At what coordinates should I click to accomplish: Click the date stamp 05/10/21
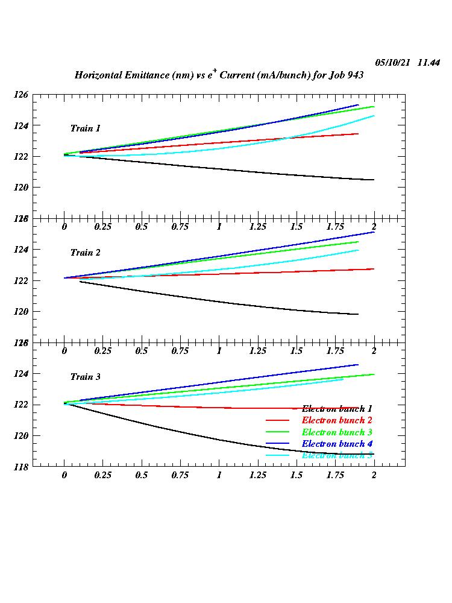click(x=392, y=63)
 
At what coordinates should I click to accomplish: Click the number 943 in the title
click(x=352, y=76)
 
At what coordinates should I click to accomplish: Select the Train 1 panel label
click(x=86, y=128)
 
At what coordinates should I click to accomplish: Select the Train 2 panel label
click(x=86, y=253)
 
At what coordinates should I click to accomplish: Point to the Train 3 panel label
click(x=86, y=377)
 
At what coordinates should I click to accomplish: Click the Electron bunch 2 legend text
click(x=337, y=420)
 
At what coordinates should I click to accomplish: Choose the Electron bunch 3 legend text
click(x=337, y=432)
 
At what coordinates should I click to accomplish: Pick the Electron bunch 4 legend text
click(x=337, y=444)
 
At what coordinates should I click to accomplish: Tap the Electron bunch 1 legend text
click(x=337, y=409)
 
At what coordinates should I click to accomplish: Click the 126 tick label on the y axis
click(x=21, y=95)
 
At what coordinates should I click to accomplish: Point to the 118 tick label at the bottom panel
click(x=21, y=467)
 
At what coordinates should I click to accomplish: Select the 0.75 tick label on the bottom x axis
click(x=180, y=475)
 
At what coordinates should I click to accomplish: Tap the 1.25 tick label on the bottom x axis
click(x=258, y=475)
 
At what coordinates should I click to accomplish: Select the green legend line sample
click(x=278, y=432)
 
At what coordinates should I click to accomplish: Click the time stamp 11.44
click(x=429, y=63)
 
